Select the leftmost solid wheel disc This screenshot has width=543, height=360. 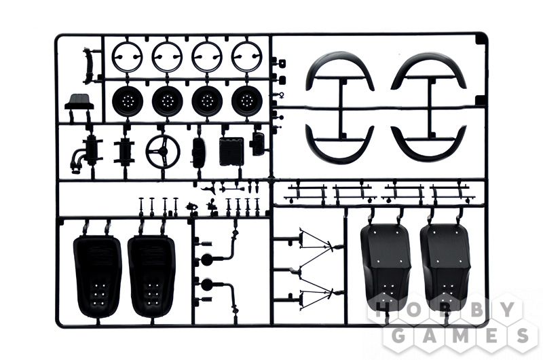point(128,101)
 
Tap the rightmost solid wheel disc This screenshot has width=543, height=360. point(247,101)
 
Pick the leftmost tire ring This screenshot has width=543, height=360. point(128,56)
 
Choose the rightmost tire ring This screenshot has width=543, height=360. point(247,56)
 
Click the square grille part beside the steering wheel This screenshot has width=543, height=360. point(231,151)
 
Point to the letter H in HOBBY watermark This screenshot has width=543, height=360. point(381,310)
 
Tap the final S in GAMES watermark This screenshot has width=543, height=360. point(521,335)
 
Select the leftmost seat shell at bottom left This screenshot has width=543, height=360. point(98,276)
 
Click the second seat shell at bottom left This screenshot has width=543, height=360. point(151,276)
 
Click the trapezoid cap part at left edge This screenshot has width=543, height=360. point(79,102)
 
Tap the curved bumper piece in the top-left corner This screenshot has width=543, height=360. point(88,66)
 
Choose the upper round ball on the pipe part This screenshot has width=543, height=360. point(206,259)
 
